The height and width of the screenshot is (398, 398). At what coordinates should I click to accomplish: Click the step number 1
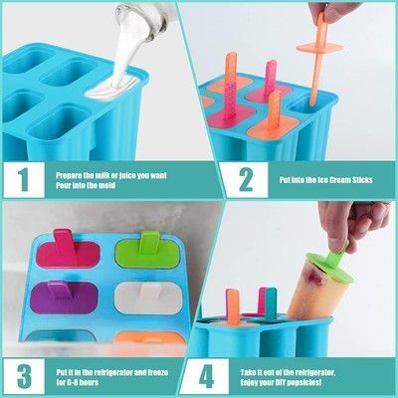(x=24, y=180)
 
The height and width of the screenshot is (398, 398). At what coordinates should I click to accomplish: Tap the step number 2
(x=246, y=180)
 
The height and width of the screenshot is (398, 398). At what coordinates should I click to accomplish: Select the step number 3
(x=24, y=376)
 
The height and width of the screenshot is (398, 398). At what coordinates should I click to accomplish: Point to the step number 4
(x=206, y=376)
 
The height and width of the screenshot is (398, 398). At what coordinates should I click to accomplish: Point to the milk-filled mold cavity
(x=111, y=88)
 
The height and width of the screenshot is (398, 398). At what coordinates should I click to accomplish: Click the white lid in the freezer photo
(x=147, y=298)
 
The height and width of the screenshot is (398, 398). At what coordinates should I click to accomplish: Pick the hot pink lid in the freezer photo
(x=67, y=250)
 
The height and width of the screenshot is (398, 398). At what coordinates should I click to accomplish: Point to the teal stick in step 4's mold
(x=271, y=304)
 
